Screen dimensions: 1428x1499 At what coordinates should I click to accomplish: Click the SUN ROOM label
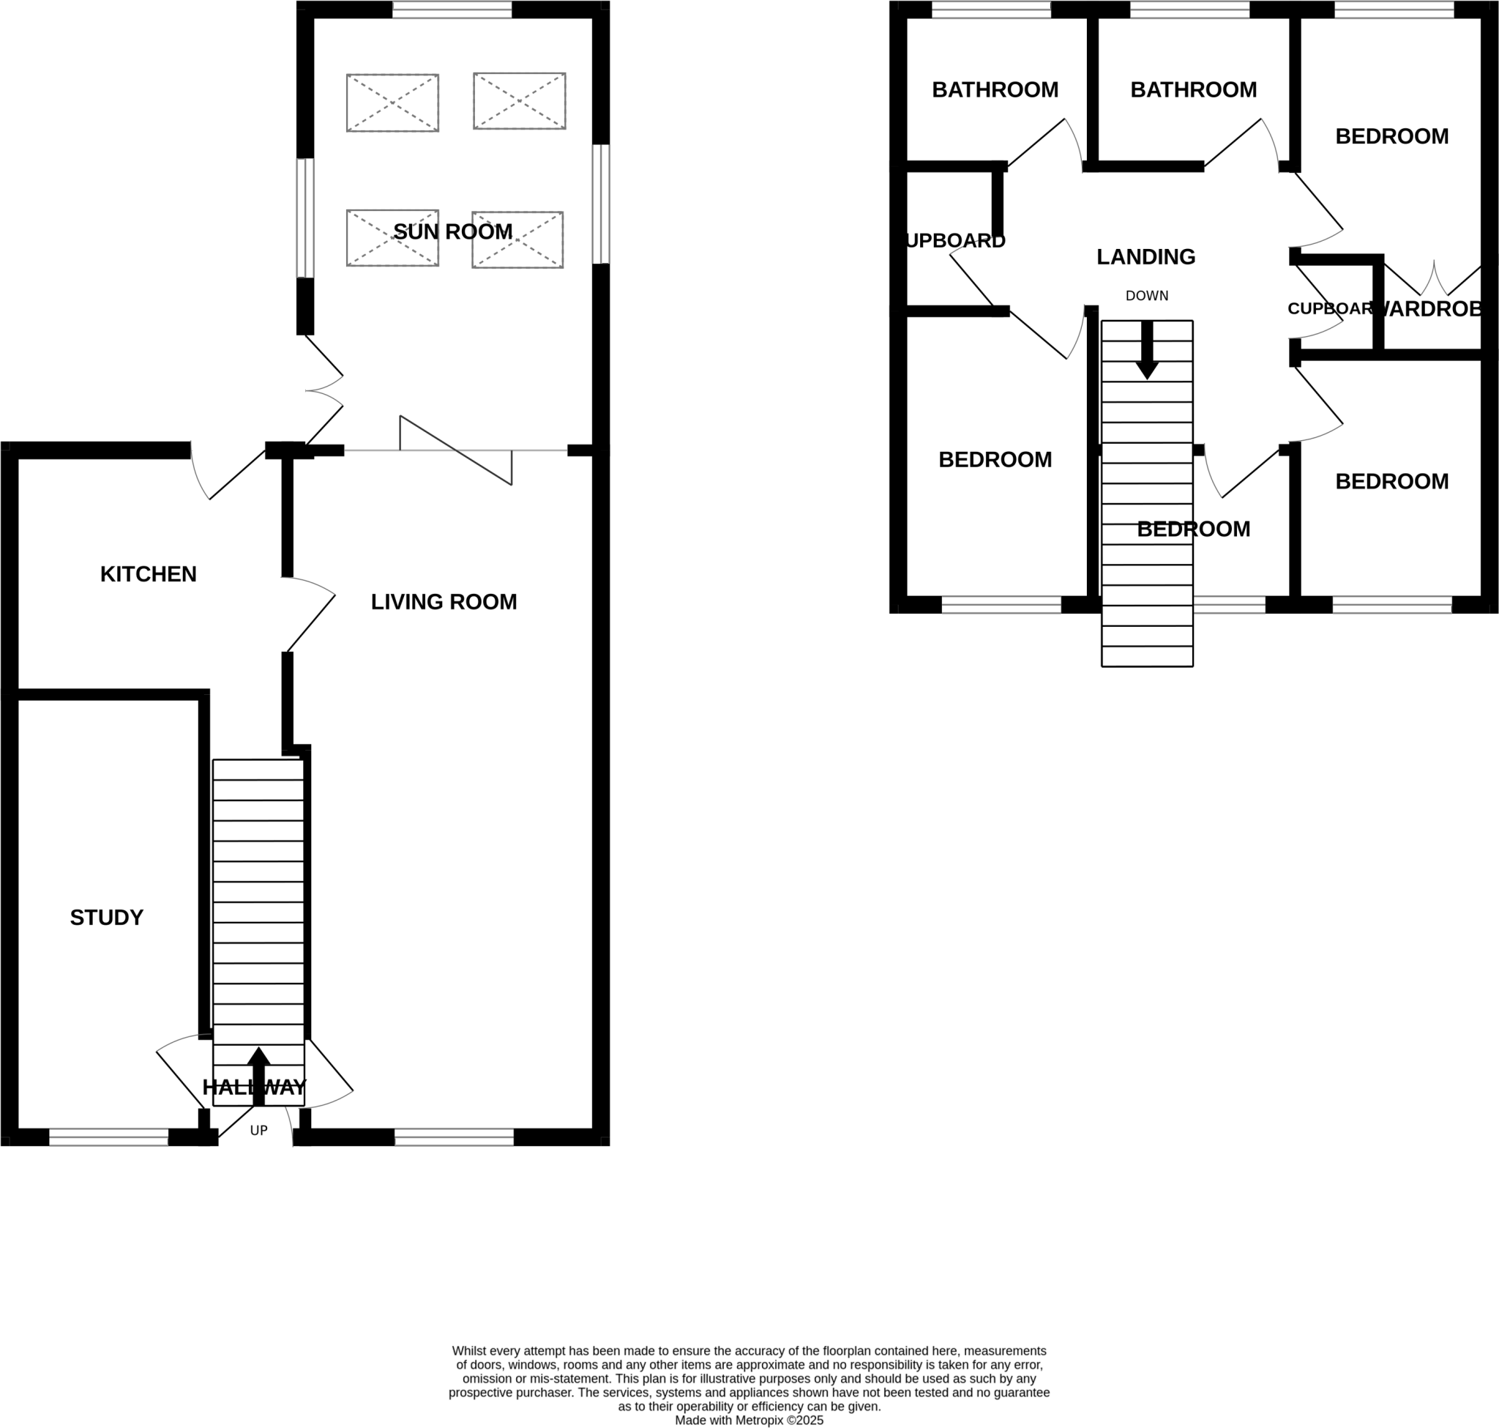click(x=453, y=231)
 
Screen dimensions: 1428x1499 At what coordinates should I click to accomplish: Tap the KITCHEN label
click(x=149, y=574)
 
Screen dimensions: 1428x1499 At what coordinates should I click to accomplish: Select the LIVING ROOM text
click(x=444, y=602)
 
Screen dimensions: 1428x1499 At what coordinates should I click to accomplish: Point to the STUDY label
click(x=107, y=918)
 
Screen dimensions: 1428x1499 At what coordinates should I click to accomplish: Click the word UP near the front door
click(x=258, y=1131)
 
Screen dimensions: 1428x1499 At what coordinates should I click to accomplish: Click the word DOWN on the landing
click(x=1147, y=296)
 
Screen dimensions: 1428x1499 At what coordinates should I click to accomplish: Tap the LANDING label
click(x=1146, y=257)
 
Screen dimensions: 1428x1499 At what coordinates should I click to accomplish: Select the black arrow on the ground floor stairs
click(x=258, y=1075)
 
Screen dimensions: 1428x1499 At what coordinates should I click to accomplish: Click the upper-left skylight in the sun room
click(x=392, y=103)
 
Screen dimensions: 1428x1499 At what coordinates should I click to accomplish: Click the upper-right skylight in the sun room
click(x=520, y=101)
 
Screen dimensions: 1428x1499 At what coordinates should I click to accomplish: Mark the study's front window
click(x=109, y=1137)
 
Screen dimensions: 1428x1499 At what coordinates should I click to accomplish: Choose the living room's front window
click(x=455, y=1137)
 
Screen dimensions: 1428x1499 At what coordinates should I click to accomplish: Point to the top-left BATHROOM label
click(x=995, y=90)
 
